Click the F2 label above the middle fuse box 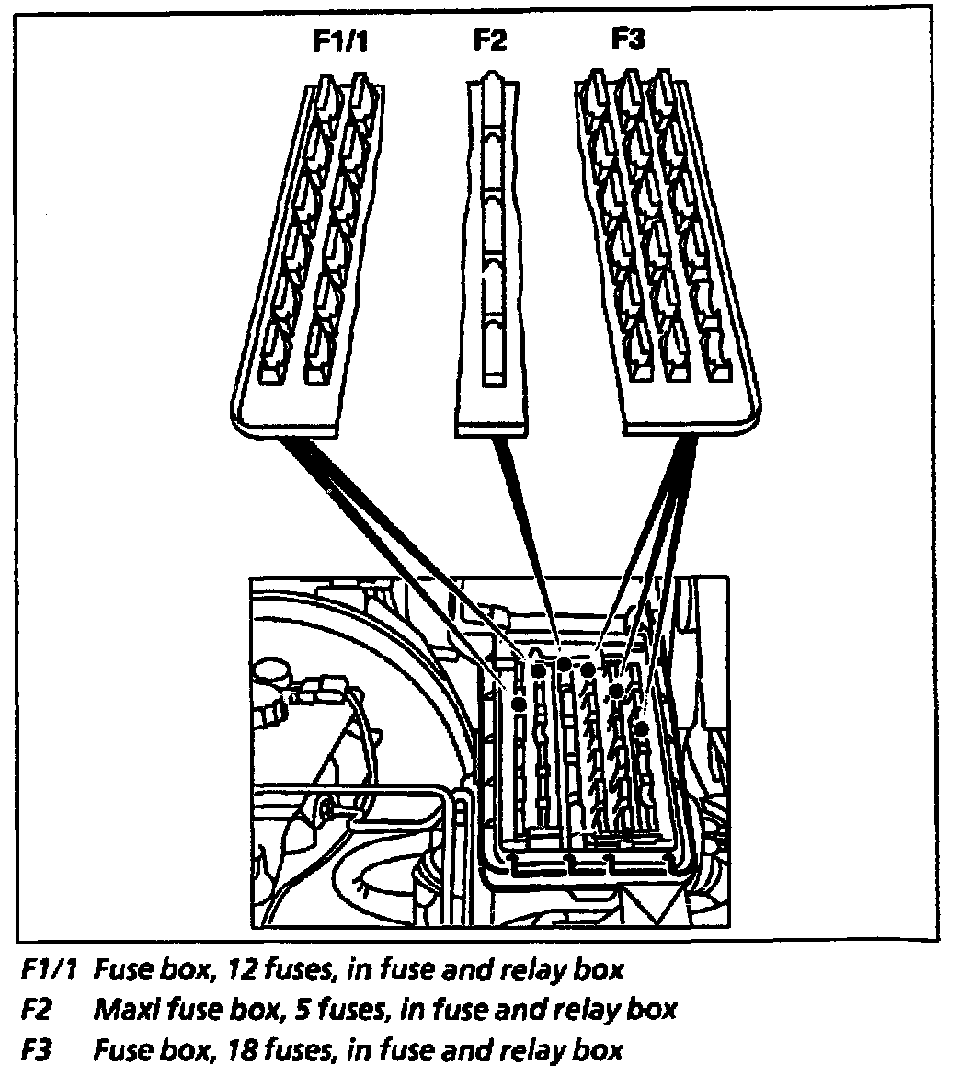pos(490,42)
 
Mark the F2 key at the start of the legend pos(36,1010)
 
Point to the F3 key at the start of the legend pos(36,1049)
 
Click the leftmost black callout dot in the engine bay pos(519,704)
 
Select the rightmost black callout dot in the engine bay pos(642,728)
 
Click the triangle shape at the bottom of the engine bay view pos(653,906)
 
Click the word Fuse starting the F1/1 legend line pos(124,969)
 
